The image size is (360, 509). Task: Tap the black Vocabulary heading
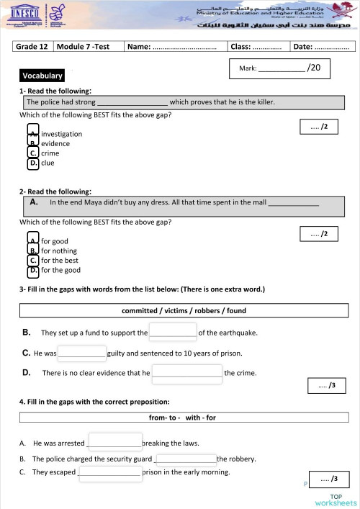(42, 76)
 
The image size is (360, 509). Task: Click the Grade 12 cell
(33, 47)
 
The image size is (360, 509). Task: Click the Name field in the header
(175, 47)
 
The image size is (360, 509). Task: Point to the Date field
(321, 47)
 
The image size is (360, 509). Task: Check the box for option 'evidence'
(33, 143)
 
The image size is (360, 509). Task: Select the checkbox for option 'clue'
(33, 163)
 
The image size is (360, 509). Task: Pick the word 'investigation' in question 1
(61, 134)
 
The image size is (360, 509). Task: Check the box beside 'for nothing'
(33, 251)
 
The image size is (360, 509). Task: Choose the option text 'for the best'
(60, 261)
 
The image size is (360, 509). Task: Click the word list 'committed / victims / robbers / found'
(184, 311)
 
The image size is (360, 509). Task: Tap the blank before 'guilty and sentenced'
(82, 353)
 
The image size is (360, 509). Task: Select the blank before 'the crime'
(187, 372)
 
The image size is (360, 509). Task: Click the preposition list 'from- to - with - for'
(184, 418)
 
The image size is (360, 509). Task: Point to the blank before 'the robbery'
(185, 458)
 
